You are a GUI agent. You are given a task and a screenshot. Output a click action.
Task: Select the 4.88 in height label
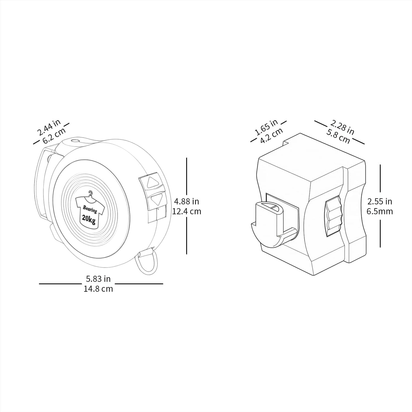tap(186, 201)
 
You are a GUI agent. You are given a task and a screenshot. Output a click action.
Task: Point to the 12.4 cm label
tap(187, 212)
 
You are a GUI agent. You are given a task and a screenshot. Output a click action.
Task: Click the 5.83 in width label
tap(98, 279)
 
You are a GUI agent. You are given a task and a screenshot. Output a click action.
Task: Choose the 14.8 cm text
tap(98, 289)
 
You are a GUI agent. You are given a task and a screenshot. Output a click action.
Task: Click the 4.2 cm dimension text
tap(271, 135)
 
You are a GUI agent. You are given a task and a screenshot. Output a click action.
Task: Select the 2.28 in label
tap(342, 127)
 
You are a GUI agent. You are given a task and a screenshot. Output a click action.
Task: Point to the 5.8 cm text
tap(338, 136)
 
